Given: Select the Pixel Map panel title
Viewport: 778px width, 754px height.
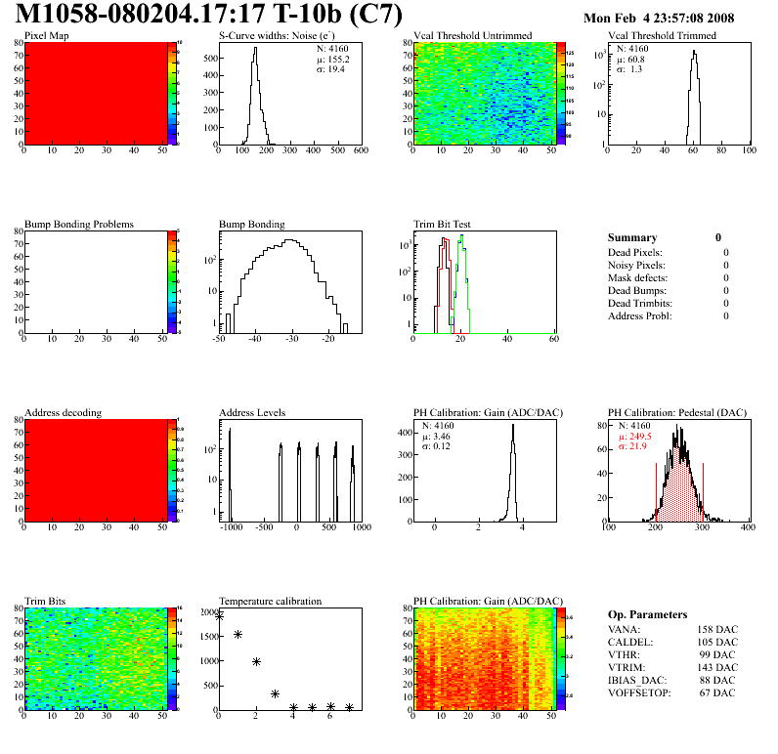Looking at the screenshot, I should pyautogui.click(x=46, y=36).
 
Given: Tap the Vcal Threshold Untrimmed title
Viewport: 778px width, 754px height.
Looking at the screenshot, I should pyautogui.click(x=472, y=36).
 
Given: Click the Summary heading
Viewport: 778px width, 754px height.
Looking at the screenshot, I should pyautogui.click(x=632, y=237).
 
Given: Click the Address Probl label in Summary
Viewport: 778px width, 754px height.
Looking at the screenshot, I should pyautogui.click(x=640, y=315).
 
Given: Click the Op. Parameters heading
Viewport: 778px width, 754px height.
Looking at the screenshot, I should pyautogui.click(x=647, y=614).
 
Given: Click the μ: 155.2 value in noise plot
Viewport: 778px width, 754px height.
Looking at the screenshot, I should pyautogui.click(x=332, y=59).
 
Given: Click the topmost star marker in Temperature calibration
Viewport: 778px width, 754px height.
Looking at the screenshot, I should pyautogui.click(x=219, y=616).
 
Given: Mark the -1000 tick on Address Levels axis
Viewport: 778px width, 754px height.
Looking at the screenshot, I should pyautogui.click(x=231, y=527).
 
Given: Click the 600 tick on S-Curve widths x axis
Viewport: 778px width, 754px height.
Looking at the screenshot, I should pyautogui.click(x=361, y=150).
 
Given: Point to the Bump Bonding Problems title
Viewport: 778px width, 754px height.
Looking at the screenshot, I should pyautogui.click(x=79, y=225).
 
